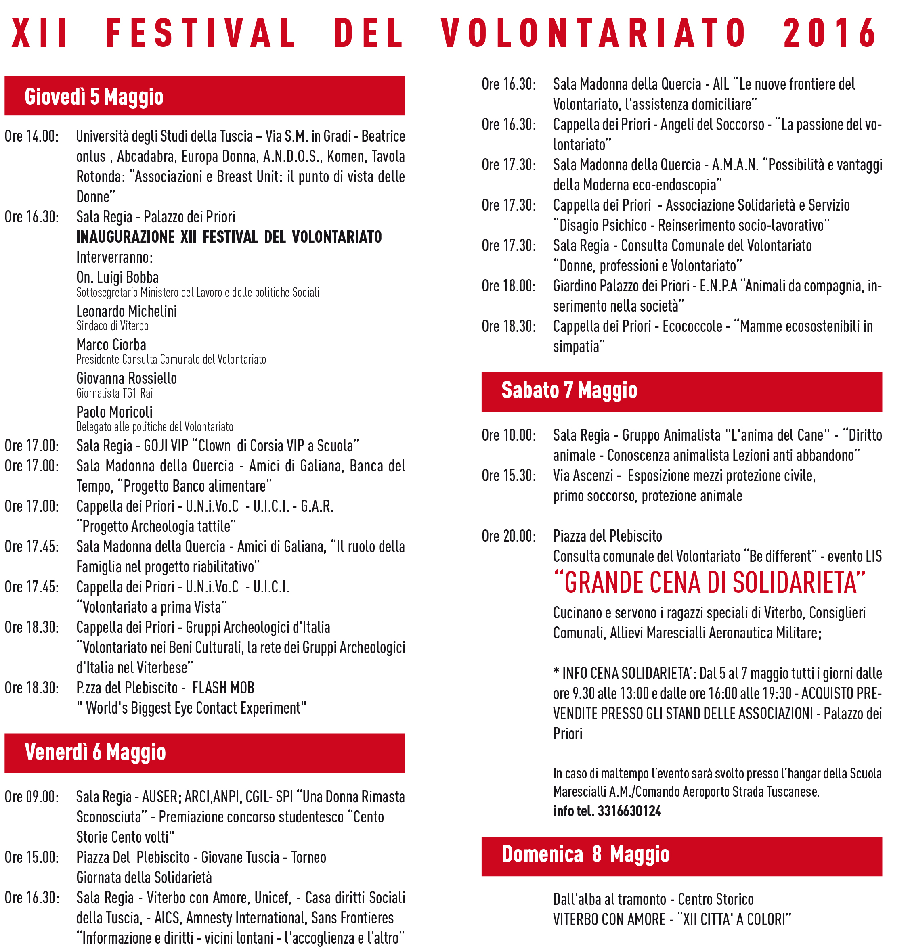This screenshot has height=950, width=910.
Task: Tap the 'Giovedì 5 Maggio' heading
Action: pos(94,96)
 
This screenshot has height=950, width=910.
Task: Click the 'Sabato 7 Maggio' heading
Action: pos(569,390)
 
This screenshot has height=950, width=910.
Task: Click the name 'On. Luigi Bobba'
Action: pos(117,277)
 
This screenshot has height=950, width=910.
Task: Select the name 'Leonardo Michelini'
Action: pos(126,311)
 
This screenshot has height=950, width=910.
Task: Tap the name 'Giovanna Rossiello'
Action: pos(126,378)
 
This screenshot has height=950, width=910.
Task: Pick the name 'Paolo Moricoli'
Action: pos(114,412)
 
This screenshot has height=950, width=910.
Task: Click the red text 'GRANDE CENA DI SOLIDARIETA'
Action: pos(709,583)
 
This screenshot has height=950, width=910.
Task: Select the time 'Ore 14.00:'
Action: pos(31,136)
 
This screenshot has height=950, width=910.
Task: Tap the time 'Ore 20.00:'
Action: pos(509,536)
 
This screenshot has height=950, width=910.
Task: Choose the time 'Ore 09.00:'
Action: pos(31,797)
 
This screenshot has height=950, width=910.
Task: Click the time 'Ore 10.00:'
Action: pos(509,435)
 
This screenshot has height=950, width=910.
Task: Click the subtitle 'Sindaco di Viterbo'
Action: pos(113,326)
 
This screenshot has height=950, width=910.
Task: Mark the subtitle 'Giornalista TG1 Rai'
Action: pos(114,393)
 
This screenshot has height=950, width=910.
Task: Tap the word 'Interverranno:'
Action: pos(114,257)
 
